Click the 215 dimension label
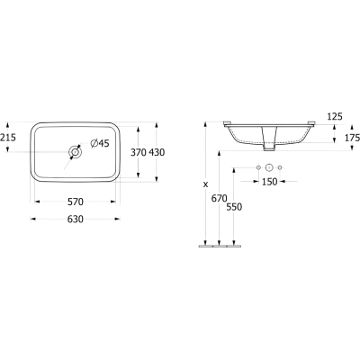(x=8, y=138)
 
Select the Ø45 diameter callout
(x=100, y=143)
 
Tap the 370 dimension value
(x=138, y=152)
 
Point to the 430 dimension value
(x=157, y=152)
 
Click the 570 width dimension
(x=76, y=202)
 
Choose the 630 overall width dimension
(x=76, y=220)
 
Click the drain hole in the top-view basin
(x=75, y=152)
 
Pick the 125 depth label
(x=335, y=116)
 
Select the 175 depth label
(x=352, y=138)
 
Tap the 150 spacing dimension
(x=269, y=182)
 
